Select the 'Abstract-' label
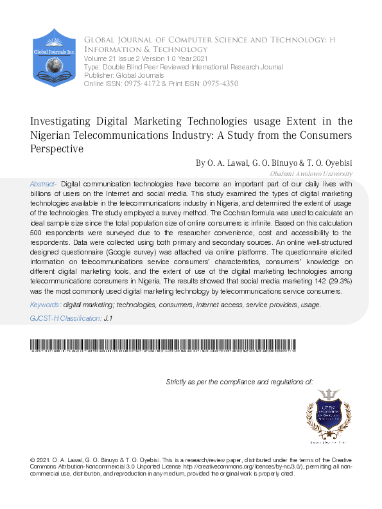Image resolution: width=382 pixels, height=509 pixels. pos(44,184)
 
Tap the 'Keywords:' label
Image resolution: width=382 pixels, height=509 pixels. pos(46,305)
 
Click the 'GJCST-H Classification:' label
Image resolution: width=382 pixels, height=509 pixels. pos(65,318)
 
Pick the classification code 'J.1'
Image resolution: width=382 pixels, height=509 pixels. pos(109,318)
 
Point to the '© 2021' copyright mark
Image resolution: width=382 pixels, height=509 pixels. pos(40,461)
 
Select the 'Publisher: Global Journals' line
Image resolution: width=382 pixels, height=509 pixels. pos(116,76)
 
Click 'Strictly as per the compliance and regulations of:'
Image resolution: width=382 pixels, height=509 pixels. pos(239,382)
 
